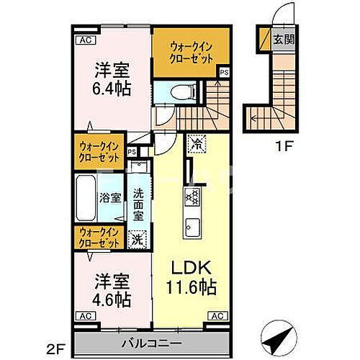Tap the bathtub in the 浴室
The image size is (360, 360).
coord(91,196)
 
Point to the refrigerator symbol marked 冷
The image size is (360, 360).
coord(196,143)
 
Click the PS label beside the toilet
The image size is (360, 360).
coord(225,72)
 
